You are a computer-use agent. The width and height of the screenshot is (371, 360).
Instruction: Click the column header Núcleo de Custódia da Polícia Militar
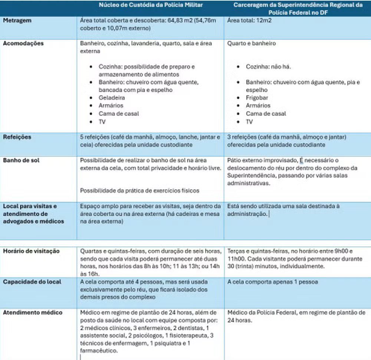tap(151, 6)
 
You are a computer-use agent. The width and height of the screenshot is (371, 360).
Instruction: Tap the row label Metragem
tap(17, 21)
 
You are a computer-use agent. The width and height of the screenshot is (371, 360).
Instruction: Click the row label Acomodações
tap(23, 43)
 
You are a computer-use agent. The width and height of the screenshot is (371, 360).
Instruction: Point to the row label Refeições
tap(17, 137)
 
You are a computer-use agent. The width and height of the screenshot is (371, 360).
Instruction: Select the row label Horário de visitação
tap(31, 251)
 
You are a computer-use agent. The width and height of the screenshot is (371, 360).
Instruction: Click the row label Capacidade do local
tap(30, 282)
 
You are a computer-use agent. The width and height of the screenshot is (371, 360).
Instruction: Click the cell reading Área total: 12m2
tap(245, 21)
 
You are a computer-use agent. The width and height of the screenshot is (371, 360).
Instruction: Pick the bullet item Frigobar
tap(257, 98)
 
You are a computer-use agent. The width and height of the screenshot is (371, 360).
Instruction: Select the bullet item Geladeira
tap(112, 98)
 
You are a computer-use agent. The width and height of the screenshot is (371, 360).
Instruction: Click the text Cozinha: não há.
tap(269, 67)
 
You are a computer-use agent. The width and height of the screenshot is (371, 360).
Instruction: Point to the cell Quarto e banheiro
tap(252, 43)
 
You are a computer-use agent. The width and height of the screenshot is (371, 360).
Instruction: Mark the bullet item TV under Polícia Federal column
tap(249, 122)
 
